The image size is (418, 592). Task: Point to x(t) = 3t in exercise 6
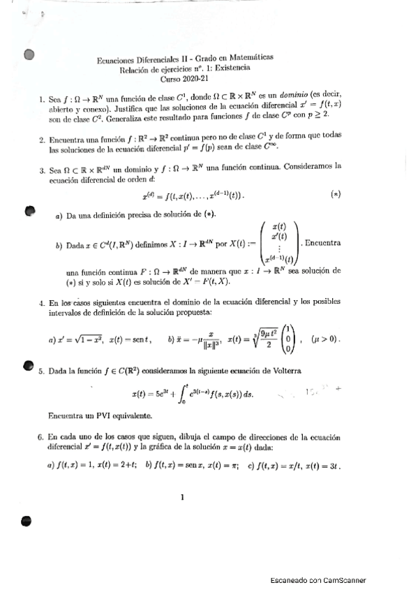(x=318, y=466)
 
